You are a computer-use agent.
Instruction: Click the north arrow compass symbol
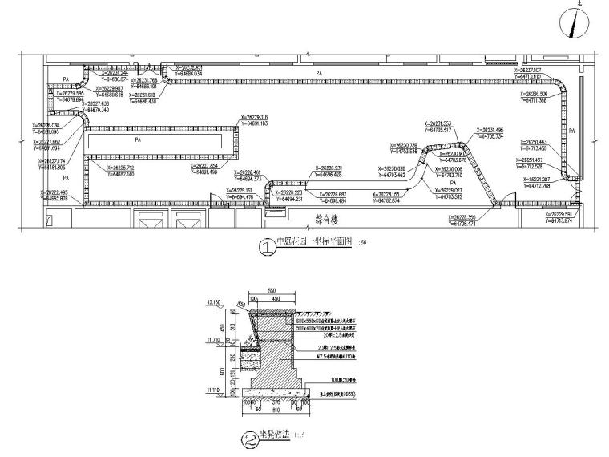[576, 24]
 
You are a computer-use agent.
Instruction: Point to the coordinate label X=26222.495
[50, 192]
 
